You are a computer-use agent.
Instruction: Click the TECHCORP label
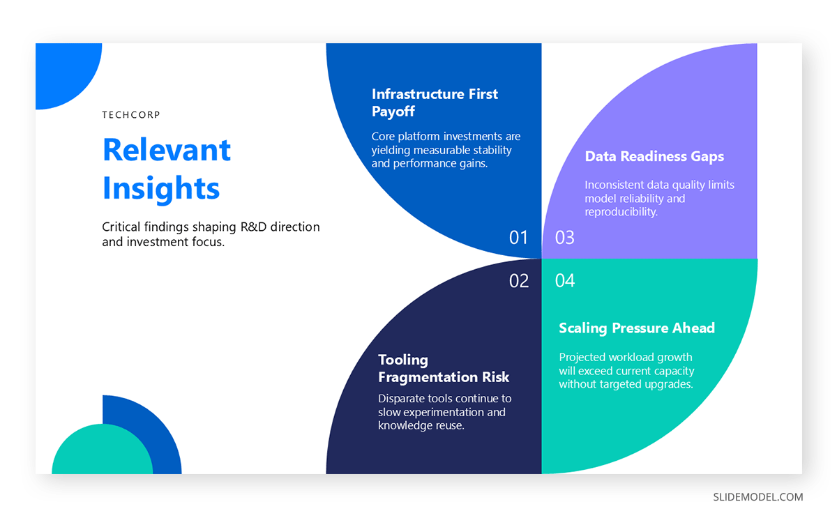click(x=131, y=115)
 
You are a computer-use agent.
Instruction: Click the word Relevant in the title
click(x=167, y=150)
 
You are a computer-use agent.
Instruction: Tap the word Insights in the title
click(x=161, y=188)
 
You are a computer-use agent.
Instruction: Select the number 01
click(x=519, y=238)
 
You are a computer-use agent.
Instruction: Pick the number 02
click(x=519, y=281)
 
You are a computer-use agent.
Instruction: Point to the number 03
click(x=564, y=238)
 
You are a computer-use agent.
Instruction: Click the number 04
click(x=565, y=281)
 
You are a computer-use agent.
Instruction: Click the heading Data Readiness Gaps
click(x=654, y=157)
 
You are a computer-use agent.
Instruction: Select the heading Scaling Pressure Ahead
click(x=637, y=328)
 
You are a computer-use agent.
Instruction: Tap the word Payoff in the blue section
click(x=393, y=112)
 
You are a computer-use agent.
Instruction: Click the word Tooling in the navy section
click(x=403, y=360)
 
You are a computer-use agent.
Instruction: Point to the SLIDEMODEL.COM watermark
click(x=758, y=497)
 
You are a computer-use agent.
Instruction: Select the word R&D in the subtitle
click(x=245, y=227)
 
